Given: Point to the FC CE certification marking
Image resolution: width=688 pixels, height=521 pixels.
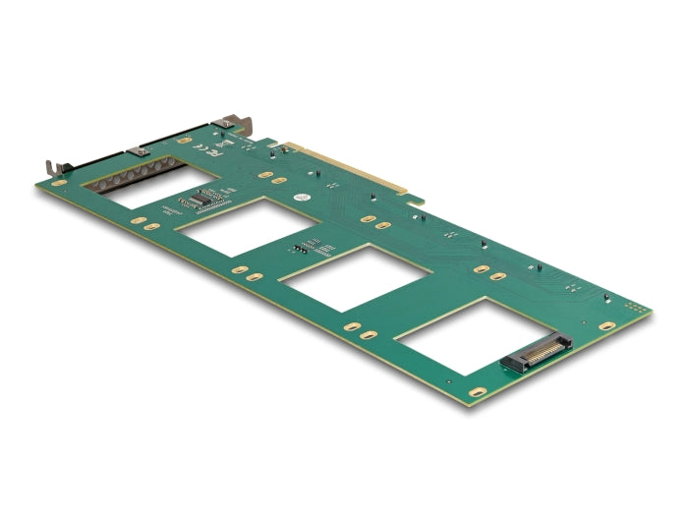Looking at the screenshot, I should tap(212, 152).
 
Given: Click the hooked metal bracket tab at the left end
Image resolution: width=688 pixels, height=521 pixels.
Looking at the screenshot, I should tap(48, 167).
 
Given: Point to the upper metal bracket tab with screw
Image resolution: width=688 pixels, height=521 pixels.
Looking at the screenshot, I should tap(235, 126).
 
